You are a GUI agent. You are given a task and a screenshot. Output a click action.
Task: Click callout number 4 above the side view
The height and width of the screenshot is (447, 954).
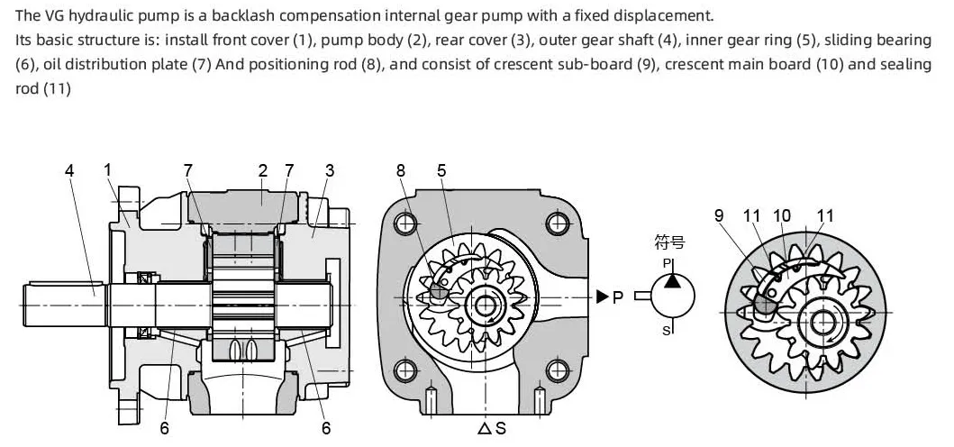(69, 171)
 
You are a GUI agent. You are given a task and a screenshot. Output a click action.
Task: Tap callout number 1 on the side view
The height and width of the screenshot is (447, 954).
(108, 171)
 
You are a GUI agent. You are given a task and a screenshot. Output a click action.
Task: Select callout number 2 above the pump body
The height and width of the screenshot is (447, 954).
(263, 171)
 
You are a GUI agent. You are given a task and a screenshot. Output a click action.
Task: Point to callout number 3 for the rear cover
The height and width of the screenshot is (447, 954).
(330, 171)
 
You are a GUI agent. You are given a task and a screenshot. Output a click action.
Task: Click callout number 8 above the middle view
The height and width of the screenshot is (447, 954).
(400, 171)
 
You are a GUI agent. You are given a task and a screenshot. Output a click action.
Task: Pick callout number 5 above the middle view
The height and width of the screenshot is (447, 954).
(441, 171)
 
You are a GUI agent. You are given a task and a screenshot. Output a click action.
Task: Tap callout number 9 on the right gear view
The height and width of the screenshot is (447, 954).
(719, 215)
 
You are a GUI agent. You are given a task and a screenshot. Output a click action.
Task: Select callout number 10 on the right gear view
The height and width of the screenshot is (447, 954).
(782, 215)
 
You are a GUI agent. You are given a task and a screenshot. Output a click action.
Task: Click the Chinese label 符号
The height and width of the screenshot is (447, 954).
(670, 242)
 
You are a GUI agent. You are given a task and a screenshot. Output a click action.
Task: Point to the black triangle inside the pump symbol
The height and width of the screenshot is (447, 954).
(672, 280)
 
